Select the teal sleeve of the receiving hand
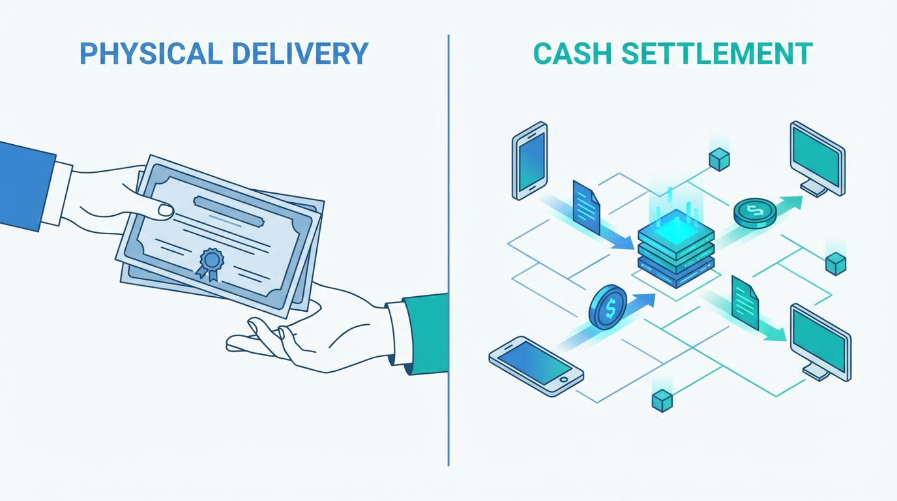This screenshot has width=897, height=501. (x=426, y=333)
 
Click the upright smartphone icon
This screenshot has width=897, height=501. (x=529, y=160)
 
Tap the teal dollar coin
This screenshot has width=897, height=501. (x=755, y=212)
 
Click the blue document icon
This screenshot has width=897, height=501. (x=587, y=207)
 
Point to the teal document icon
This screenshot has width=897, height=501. (x=745, y=302)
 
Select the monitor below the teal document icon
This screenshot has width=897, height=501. (x=820, y=341)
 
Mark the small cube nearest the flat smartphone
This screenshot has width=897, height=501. (x=662, y=400)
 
